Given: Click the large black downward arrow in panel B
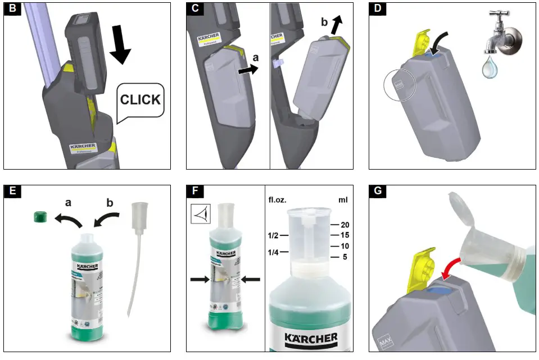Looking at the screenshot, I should click(x=120, y=45).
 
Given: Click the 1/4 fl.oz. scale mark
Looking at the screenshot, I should click(x=273, y=253).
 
